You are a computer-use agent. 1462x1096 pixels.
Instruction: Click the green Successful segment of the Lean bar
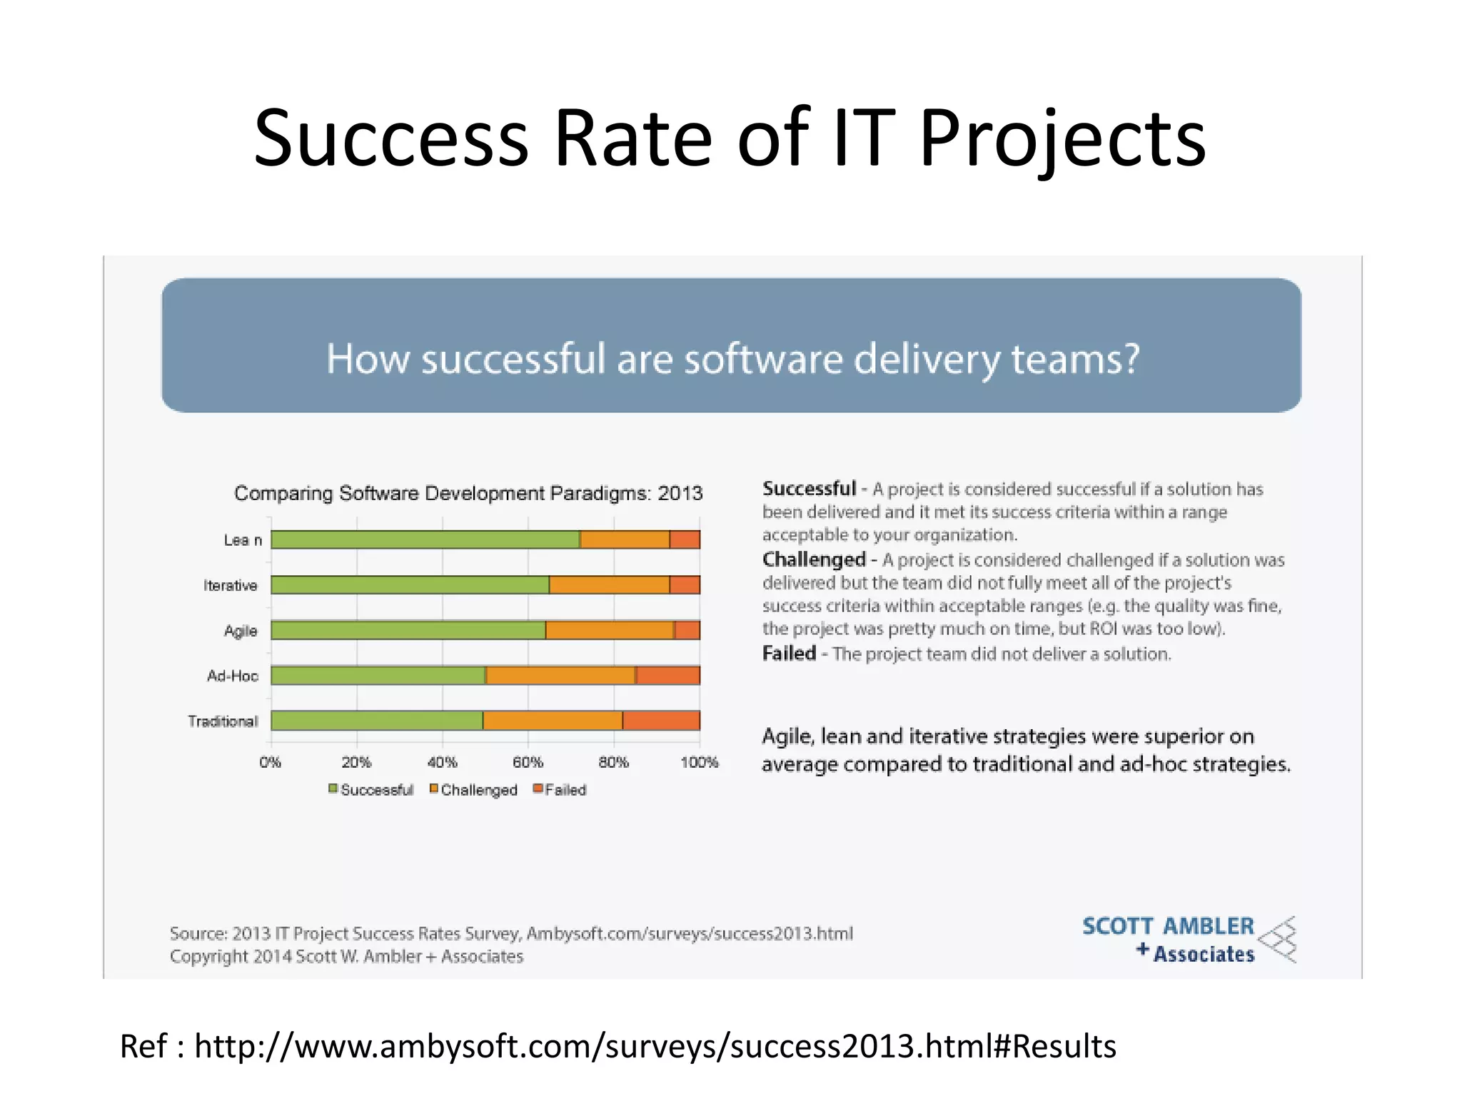click(x=425, y=539)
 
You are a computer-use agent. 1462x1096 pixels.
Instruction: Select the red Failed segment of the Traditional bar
click(x=661, y=721)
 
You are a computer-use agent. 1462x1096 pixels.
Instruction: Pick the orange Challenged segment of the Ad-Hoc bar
click(x=560, y=675)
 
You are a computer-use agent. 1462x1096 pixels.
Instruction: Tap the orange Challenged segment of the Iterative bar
click(x=609, y=585)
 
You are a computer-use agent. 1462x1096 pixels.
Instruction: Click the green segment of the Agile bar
click(x=408, y=630)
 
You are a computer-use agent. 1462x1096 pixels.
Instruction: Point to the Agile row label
click(x=241, y=631)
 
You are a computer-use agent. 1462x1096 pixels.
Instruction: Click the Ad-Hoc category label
click(x=232, y=676)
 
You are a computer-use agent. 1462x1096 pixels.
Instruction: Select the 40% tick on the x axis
click(x=442, y=762)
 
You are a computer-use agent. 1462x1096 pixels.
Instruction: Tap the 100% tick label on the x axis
click(x=699, y=762)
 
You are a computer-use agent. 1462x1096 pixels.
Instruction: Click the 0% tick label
click(x=270, y=762)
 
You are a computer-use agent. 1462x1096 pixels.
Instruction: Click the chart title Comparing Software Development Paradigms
click(x=468, y=493)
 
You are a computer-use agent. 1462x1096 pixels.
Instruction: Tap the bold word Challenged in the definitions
click(x=814, y=559)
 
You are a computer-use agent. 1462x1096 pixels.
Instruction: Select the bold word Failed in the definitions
click(x=789, y=654)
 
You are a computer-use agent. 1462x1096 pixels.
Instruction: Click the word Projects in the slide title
click(x=1062, y=138)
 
